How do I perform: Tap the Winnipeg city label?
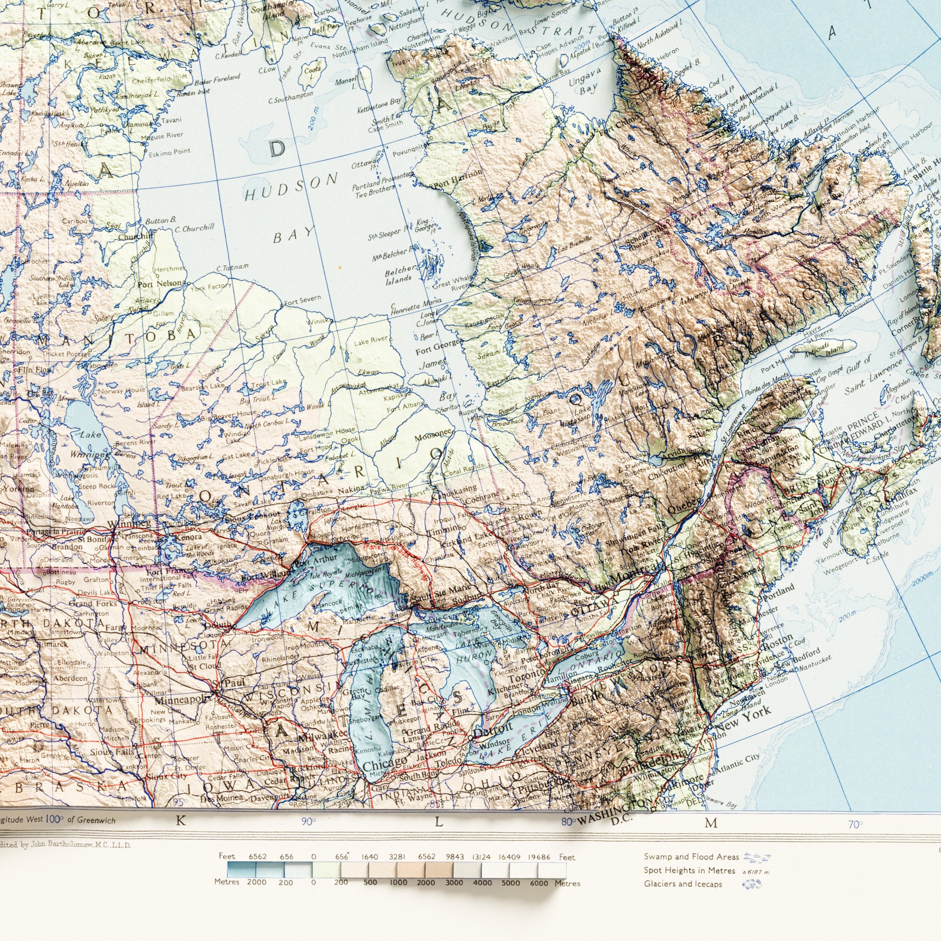coord(126,524)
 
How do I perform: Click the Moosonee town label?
coord(434,438)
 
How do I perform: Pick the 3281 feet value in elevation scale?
coord(396,870)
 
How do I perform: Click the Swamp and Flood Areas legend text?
coord(691,870)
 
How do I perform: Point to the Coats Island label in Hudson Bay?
coord(312,72)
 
